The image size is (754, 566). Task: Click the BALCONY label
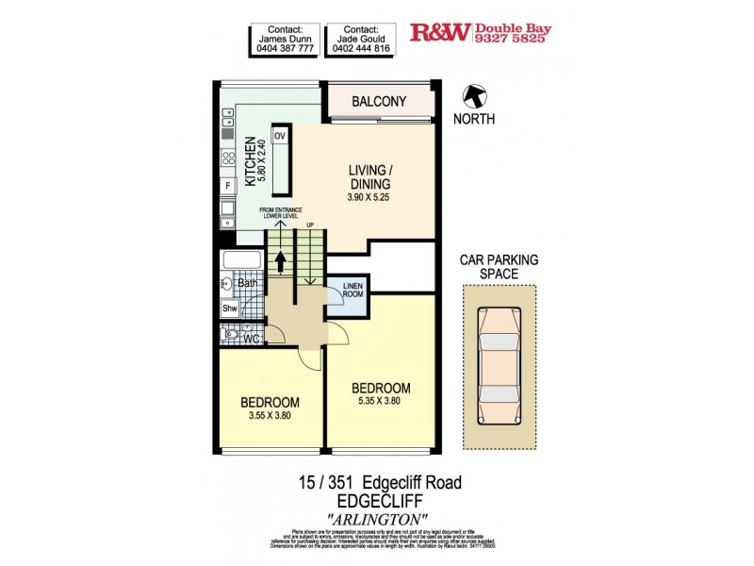tap(379, 101)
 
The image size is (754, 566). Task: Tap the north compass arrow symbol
tap(474, 95)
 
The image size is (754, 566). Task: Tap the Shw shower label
tap(229, 308)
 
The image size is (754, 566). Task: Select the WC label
tap(252, 338)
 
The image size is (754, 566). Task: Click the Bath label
tap(247, 283)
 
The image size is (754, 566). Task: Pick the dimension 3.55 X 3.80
tap(271, 416)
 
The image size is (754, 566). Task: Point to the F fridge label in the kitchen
tap(228, 186)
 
